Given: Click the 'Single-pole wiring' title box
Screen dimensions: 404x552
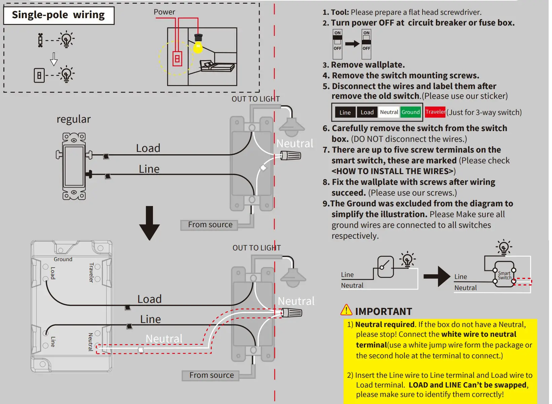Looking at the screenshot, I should coord(58,15).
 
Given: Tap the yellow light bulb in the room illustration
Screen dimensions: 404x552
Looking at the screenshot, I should coord(198,47).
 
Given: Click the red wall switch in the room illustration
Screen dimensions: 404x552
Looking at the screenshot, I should coord(177,59).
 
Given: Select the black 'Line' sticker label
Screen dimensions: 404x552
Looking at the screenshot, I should coord(345,112).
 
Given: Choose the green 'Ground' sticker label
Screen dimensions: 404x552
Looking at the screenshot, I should coord(410,112).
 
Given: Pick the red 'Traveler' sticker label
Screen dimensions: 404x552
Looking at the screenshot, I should coord(435,112).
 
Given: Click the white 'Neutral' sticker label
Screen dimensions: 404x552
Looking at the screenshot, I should coord(389,112).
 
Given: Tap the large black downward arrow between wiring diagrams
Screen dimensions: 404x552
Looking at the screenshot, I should coord(149,223).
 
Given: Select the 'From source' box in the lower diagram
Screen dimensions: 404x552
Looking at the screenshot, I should coord(211,375).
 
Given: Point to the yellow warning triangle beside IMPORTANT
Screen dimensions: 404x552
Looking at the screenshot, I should coord(346,310).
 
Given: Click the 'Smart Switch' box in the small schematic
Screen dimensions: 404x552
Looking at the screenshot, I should coord(504,275).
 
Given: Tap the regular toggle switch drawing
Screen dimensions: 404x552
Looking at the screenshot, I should coord(74,166).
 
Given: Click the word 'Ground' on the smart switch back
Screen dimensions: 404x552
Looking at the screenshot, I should coord(63,259).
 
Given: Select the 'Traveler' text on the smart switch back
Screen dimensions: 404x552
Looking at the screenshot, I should coord(91,272).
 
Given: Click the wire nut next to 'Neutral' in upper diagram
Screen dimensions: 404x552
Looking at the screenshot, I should coord(291,156).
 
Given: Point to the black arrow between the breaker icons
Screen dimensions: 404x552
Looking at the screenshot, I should coord(352,44).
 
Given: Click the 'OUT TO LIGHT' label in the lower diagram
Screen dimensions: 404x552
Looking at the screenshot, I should coord(257,248).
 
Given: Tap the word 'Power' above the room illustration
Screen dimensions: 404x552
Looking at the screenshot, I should coord(164,12).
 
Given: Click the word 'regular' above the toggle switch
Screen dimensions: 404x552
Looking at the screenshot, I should coord(74,119).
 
